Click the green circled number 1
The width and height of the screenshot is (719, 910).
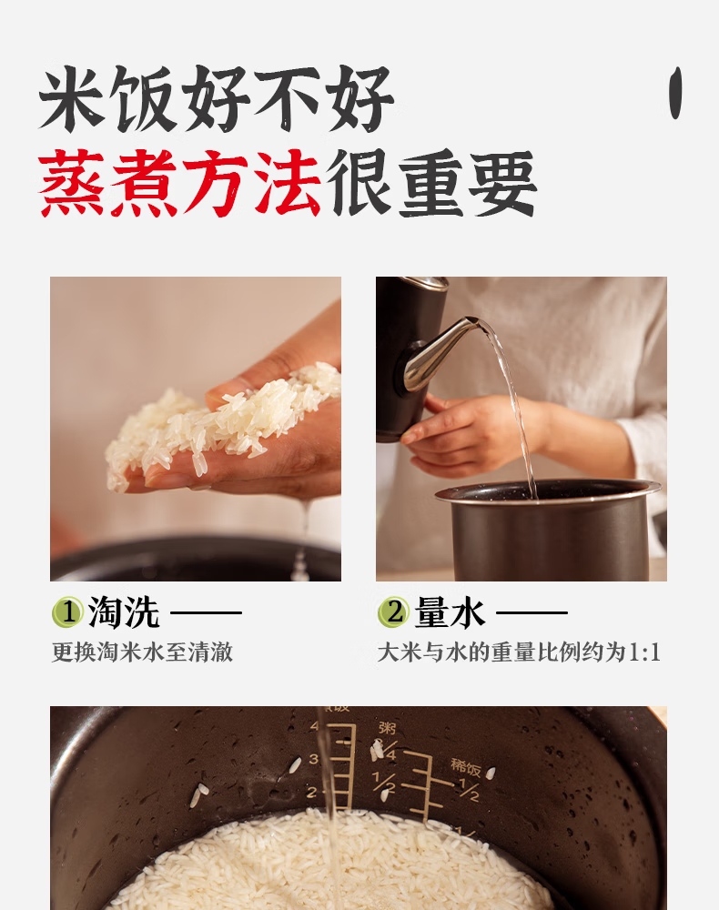click(x=68, y=612)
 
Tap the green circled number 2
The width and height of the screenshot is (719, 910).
click(x=393, y=612)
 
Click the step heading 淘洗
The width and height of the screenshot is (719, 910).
click(x=124, y=612)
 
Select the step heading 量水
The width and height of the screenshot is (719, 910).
click(x=450, y=612)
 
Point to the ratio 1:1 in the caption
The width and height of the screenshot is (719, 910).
click(x=644, y=652)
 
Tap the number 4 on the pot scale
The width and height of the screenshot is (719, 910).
click(x=314, y=726)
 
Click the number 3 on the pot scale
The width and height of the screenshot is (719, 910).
click(x=313, y=759)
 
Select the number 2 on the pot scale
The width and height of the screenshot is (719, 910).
click(x=311, y=793)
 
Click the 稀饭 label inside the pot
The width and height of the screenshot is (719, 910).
click(x=465, y=767)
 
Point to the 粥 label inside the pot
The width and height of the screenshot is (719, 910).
click(x=387, y=728)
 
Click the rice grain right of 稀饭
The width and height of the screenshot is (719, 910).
click(x=491, y=773)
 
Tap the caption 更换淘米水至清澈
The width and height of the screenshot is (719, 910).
click(x=142, y=652)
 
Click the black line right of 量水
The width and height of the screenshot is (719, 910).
click(x=532, y=612)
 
